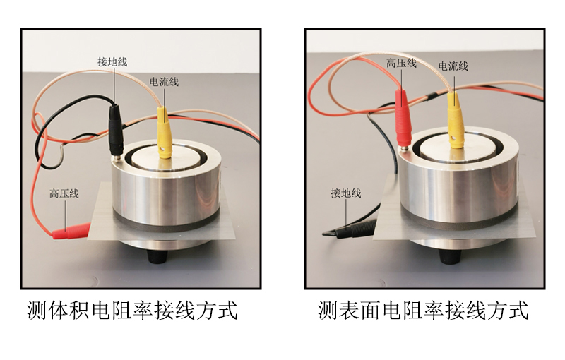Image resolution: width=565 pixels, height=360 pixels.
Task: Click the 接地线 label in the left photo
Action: [112, 62]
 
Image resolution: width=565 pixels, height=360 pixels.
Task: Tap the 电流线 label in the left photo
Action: [164, 82]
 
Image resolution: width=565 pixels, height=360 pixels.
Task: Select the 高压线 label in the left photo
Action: [64, 193]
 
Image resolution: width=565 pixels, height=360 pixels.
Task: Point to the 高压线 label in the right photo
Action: [401, 64]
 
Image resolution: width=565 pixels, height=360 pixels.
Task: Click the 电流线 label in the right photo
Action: [453, 66]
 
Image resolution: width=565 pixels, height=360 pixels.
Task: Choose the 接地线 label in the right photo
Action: [346, 193]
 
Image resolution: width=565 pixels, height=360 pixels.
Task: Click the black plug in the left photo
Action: [116, 131]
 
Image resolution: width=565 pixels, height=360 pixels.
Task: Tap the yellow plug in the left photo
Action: [165, 133]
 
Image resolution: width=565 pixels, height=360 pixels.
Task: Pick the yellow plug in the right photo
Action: [456, 120]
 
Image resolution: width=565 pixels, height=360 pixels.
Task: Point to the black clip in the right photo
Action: [349, 229]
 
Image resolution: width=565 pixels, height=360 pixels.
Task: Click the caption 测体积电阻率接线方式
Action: [133, 310]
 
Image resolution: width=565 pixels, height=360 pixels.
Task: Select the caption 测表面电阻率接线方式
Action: [423, 310]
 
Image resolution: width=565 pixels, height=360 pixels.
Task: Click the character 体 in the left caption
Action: [59, 310]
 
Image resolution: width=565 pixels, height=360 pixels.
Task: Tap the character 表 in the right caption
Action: [350, 310]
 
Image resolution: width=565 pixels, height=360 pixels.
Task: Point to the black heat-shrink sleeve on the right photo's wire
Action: [432, 96]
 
